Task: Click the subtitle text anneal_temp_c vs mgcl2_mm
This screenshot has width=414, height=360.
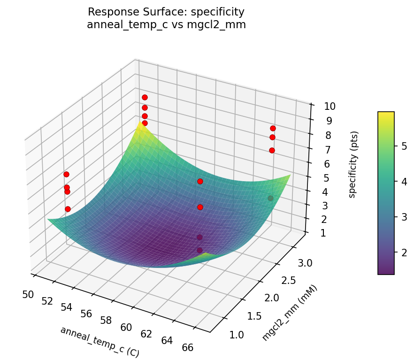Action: click(166, 25)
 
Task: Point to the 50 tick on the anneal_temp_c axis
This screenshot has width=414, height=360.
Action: click(28, 294)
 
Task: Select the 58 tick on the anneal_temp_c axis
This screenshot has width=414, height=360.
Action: click(106, 321)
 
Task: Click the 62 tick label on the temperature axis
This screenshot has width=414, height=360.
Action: click(146, 334)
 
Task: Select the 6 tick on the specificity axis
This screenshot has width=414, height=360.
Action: click(327, 164)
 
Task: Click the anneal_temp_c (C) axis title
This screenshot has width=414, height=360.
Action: click(99, 341)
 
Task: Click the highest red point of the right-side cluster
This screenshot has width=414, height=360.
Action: click(273, 128)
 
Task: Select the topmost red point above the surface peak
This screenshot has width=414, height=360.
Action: click(145, 97)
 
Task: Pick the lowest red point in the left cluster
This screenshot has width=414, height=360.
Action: click(68, 209)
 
